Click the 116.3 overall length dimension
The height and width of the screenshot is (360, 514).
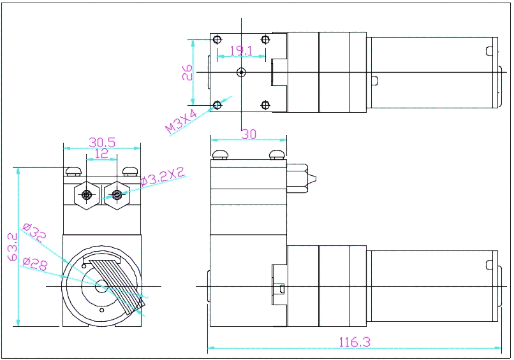click(355, 342)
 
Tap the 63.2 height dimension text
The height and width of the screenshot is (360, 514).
click(12, 247)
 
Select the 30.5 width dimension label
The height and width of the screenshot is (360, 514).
click(102, 142)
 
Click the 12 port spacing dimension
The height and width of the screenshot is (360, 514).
click(101, 154)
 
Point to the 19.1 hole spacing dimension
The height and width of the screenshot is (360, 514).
click(241, 50)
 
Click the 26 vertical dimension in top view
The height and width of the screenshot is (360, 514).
click(187, 73)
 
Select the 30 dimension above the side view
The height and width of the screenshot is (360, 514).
click(248, 134)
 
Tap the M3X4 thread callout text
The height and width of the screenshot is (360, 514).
click(182, 121)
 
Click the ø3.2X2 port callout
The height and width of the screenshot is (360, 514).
click(162, 176)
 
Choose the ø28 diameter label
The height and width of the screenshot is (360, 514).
click(34, 263)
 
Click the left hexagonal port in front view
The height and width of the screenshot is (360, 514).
click(87, 194)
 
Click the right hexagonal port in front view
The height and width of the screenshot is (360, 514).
click(116, 194)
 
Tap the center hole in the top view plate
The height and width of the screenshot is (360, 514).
click(241, 72)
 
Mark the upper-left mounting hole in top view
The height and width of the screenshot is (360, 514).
click(217, 40)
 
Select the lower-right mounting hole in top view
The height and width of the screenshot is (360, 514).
click(266, 104)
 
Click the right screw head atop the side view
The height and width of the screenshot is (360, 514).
click(277, 154)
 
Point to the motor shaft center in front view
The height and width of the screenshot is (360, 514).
click(102, 287)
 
